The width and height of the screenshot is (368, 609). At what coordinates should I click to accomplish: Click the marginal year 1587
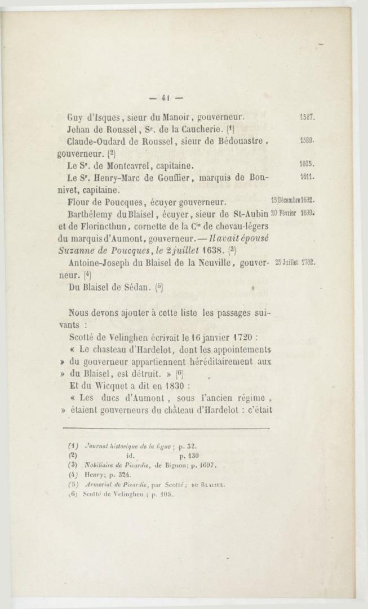click(x=307, y=118)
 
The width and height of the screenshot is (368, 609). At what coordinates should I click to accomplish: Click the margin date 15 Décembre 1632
click(x=292, y=200)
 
